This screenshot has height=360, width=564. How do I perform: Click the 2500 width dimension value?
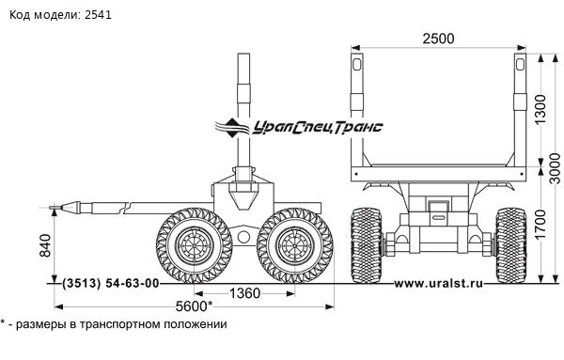(438, 39)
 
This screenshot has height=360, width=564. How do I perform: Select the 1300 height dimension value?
(540, 109)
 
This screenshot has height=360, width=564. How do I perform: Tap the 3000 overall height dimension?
(556, 168)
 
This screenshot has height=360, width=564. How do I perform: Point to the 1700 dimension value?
(540, 225)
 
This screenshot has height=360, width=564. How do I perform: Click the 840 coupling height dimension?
(45, 245)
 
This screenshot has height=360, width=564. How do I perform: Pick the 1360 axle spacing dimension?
(244, 293)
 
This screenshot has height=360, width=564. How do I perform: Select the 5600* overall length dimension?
(194, 306)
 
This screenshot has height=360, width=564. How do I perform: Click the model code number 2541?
(98, 15)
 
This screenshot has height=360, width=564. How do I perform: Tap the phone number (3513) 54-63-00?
(110, 284)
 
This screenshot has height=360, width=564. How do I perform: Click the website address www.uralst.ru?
(438, 284)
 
